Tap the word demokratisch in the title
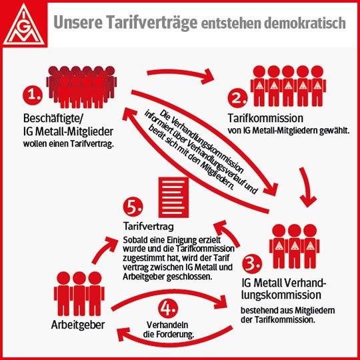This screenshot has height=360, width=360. [294, 23]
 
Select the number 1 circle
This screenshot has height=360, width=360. [33, 95]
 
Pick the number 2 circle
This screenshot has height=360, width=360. [237, 98]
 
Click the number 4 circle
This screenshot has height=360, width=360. [168, 309]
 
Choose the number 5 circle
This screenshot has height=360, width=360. [133, 207]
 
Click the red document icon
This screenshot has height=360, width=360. [173, 197]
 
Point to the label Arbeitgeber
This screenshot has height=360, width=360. [78, 325]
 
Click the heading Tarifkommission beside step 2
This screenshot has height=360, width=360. [265, 118]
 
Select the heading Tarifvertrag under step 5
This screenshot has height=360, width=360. [149, 227]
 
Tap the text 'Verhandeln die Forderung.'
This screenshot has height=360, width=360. [168, 330]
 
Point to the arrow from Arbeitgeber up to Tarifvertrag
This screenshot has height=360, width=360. [105, 249]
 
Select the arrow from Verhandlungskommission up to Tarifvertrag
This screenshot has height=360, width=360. [228, 233]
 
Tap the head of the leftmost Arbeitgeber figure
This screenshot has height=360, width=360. [63, 278]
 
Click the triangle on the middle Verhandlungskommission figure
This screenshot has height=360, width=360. [295, 246]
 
